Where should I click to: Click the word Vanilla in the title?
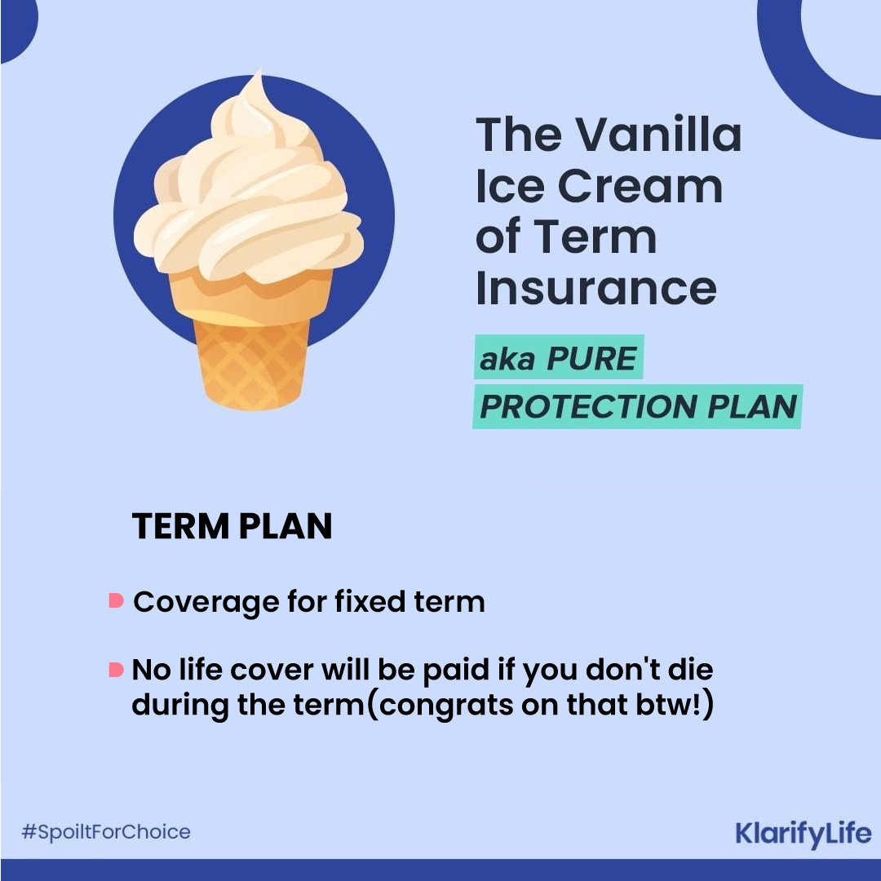click(x=659, y=135)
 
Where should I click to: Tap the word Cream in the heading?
click(x=640, y=186)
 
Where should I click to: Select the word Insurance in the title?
click(x=596, y=289)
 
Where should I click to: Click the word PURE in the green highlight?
click(x=591, y=358)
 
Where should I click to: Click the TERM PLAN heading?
click(x=232, y=526)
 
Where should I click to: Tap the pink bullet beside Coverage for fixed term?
click(x=117, y=600)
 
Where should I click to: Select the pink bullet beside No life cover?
click(x=117, y=670)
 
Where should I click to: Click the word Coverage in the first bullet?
click(x=206, y=603)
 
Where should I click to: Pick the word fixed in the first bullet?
click(x=370, y=601)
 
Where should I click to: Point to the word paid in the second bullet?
click(x=456, y=671)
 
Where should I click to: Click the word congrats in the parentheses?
click(x=446, y=705)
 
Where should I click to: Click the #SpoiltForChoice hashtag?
click(x=105, y=831)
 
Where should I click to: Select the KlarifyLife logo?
click(x=804, y=834)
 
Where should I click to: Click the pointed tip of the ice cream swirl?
click(x=260, y=71)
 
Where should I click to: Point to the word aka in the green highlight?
click(x=507, y=359)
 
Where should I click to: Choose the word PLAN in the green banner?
click(x=752, y=406)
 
